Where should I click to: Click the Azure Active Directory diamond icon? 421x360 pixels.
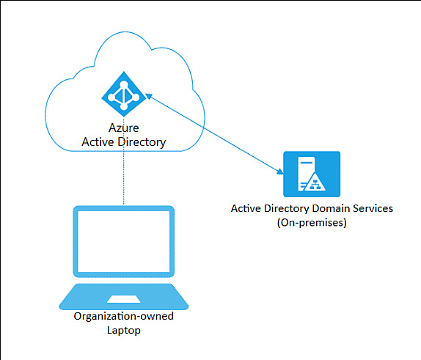[124, 94]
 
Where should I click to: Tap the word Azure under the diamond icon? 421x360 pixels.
[124, 128]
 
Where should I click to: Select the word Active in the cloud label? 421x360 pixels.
[98, 142]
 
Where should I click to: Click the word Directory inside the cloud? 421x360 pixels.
[142, 142]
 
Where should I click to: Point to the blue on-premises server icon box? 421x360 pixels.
[312, 174]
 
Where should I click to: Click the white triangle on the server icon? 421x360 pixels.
[315, 182]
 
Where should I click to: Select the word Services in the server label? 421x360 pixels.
[373, 208]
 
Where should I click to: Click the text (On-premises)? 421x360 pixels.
[312, 223]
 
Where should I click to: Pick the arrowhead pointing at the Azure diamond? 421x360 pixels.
[148, 96]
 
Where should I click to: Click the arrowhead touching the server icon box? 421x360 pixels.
[280, 172]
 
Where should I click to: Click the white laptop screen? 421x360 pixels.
[124, 241]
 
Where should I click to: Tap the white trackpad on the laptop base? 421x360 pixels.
[124, 299]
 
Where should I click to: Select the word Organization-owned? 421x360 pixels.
[124, 316]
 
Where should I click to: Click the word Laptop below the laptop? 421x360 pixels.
[124, 330]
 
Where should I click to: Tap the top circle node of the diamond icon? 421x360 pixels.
[124, 84]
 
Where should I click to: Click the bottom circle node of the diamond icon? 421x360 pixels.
[124, 107]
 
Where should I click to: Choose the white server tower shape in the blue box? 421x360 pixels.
[306, 174]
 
